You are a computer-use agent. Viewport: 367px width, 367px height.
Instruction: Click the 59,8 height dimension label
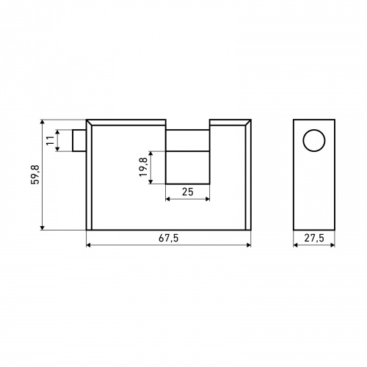(35, 175)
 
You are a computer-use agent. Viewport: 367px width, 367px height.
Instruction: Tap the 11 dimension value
(51, 140)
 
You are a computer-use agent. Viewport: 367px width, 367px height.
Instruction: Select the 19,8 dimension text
(143, 167)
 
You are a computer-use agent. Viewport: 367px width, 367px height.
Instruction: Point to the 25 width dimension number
(188, 192)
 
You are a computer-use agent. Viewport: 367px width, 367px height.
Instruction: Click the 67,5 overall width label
(169, 238)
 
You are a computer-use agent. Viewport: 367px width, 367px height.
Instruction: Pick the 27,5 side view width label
(314, 238)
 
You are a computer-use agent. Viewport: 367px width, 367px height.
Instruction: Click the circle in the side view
(314, 140)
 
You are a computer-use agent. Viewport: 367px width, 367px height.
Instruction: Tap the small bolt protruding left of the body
(79, 140)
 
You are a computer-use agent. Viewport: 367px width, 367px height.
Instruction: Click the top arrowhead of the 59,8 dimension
(43, 122)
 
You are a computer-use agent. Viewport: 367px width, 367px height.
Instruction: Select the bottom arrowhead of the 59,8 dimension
(43, 228)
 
